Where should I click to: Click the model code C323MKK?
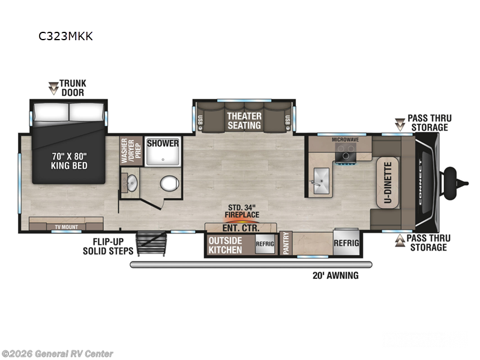point(65,36)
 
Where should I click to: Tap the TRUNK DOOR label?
point(72,88)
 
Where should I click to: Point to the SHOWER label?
point(163,143)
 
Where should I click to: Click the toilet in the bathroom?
point(169,183)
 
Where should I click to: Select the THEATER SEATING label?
point(244,121)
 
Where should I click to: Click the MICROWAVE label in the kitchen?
point(345,139)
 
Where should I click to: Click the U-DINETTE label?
point(388,182)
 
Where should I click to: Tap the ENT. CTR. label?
point(241,228)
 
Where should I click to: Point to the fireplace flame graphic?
point(241,219)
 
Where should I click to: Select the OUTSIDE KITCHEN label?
point(225,245)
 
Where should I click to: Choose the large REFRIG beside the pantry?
point(346,243)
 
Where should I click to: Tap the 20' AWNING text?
point(335,275)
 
